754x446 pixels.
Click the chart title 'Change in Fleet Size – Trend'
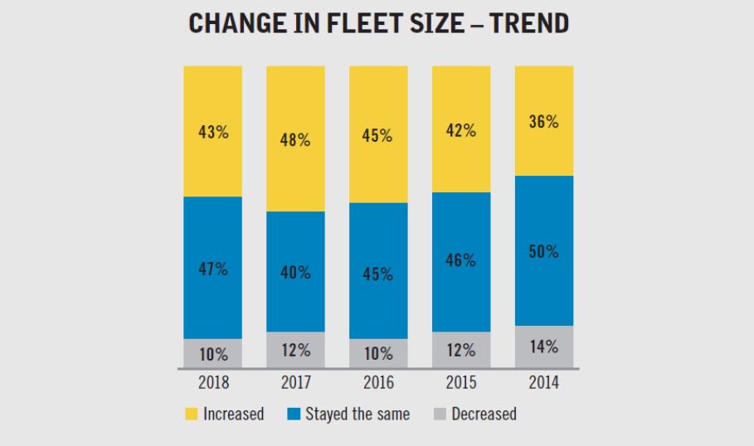[378, 24]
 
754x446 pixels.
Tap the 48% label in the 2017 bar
[295, 140]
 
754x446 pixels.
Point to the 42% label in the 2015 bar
[461, 130]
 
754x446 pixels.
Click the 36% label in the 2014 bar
[544, 121]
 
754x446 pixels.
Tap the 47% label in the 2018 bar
[212, 269]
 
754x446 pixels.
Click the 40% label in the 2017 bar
[295, 272]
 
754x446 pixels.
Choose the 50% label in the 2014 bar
[544, 251]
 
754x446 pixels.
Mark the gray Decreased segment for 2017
[295, 350]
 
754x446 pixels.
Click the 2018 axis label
[212, 383]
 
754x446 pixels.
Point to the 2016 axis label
[378, 383]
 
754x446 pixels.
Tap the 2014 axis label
[544, 383]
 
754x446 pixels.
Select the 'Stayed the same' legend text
[358, 414]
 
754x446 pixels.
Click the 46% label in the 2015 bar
[461, 260]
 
